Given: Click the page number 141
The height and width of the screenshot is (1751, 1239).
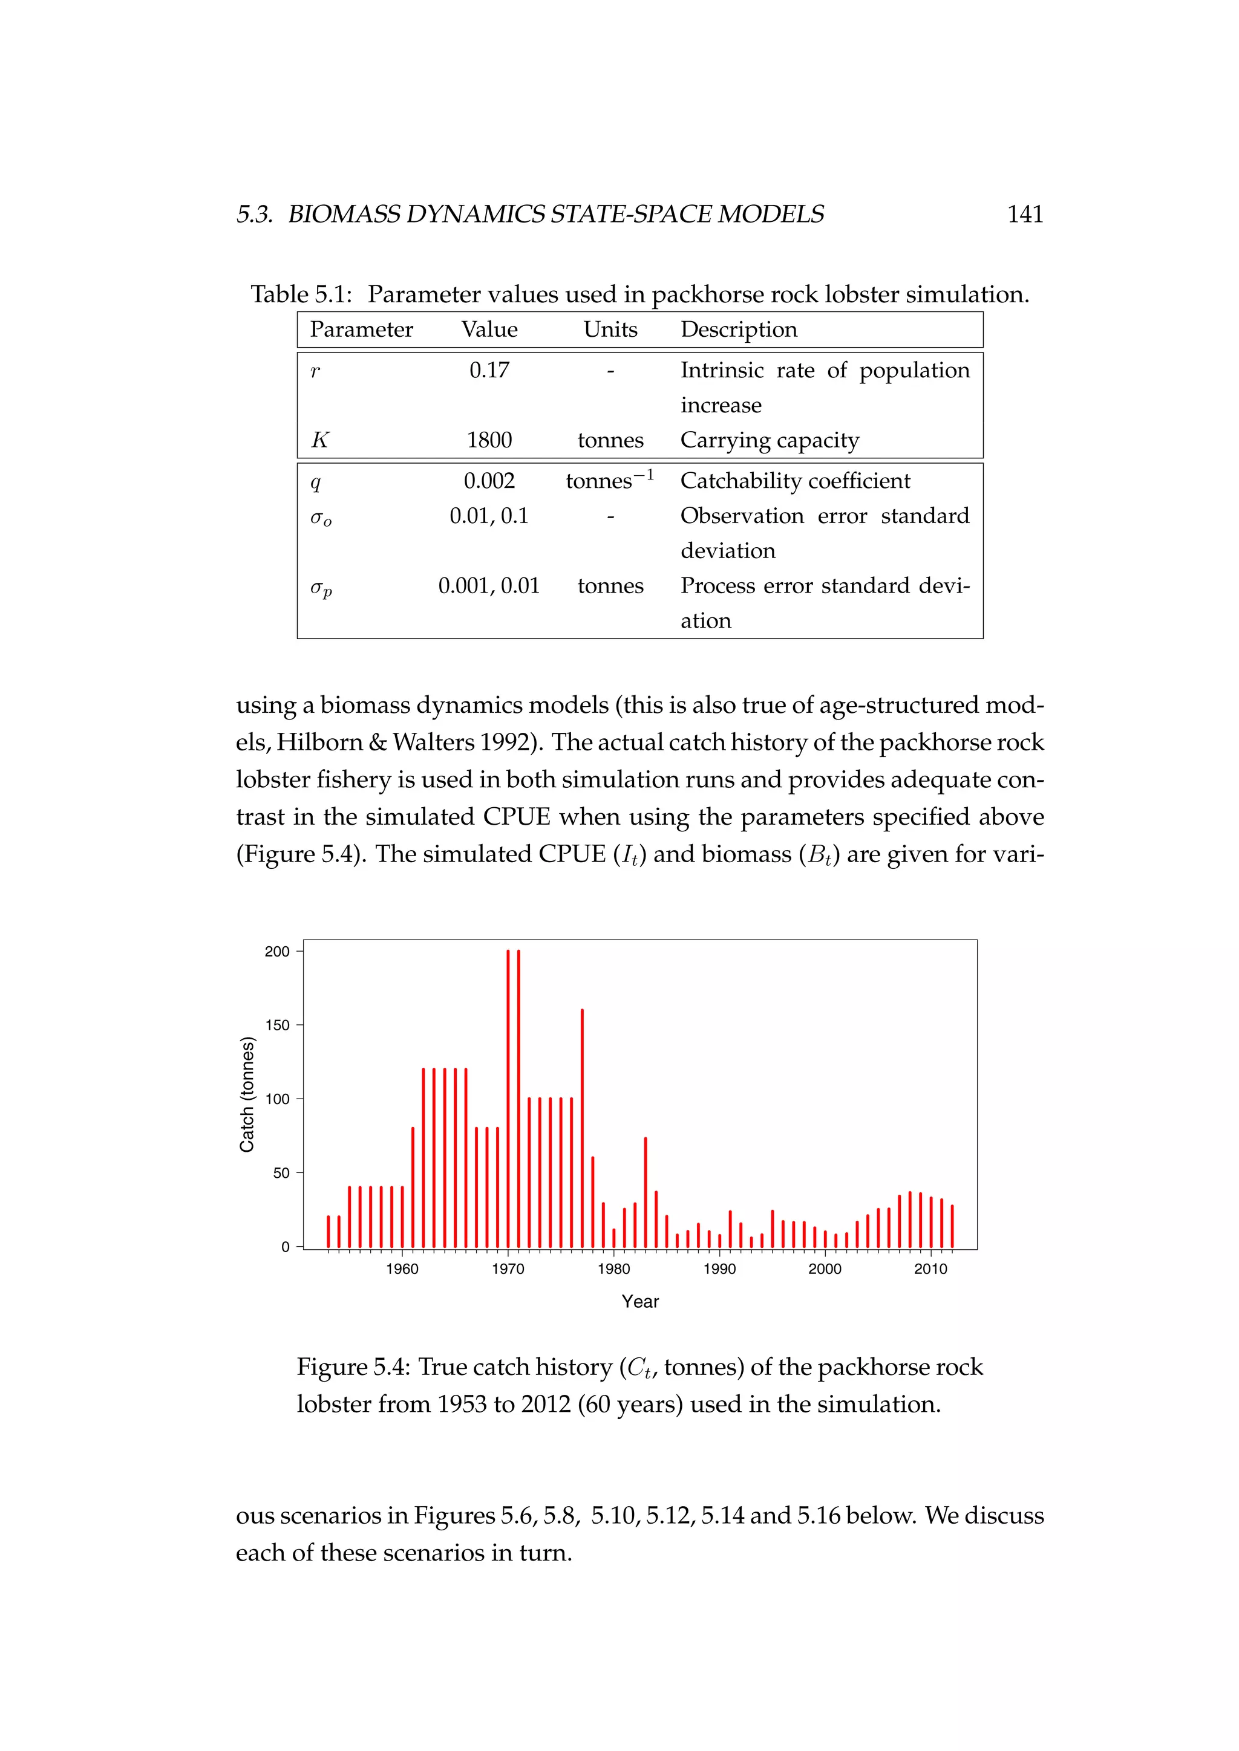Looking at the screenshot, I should (1025, 214).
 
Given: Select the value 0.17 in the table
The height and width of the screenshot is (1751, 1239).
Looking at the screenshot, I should (489, 371).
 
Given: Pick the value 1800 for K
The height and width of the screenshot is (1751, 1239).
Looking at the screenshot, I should (489, 440).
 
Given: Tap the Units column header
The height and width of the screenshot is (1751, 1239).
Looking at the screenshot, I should (610, 330).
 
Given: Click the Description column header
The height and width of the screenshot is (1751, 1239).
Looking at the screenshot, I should (739, 330).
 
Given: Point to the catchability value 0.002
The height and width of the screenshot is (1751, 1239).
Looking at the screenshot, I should (489, 481).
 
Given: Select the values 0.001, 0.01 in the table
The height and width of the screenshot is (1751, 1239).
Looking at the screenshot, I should (489, 586).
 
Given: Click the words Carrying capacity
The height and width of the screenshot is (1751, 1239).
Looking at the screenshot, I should (769, 440).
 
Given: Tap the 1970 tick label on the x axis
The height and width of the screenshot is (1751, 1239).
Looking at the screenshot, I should (508, 1269).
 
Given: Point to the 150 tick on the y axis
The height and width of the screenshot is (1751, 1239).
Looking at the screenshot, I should (278, 1025).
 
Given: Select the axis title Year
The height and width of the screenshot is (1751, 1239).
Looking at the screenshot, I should (639, 1302).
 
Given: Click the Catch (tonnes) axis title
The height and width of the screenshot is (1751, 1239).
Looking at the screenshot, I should (246, 1094).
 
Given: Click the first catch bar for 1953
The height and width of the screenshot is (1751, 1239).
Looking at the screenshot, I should (328, 1232).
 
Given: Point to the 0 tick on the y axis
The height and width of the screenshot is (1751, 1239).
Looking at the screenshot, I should (286, 1247).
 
